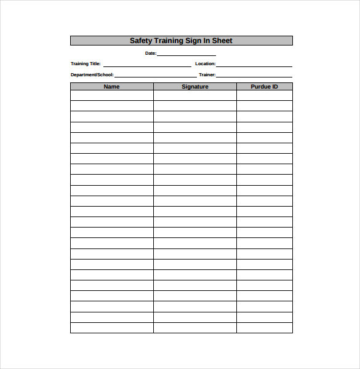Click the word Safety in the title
[140, 41]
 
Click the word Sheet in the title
[222, 41]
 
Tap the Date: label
[151, 54]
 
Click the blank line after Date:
[186, 54]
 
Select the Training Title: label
[86, 64]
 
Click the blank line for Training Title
[147, 65]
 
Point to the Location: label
[206, 64]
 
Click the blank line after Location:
[254, 65]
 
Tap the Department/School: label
[92, 75]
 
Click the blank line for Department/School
[155, 76]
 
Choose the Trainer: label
[207, 75]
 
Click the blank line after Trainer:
[254, 76]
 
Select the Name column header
[111, 87]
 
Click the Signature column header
[195, 87]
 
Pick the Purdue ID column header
[264, 87]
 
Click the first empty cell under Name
[111, 96]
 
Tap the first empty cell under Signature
[195, 96]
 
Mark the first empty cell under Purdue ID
[264, 96]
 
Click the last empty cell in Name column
[111, 328]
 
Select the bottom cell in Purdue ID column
[264, 328]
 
